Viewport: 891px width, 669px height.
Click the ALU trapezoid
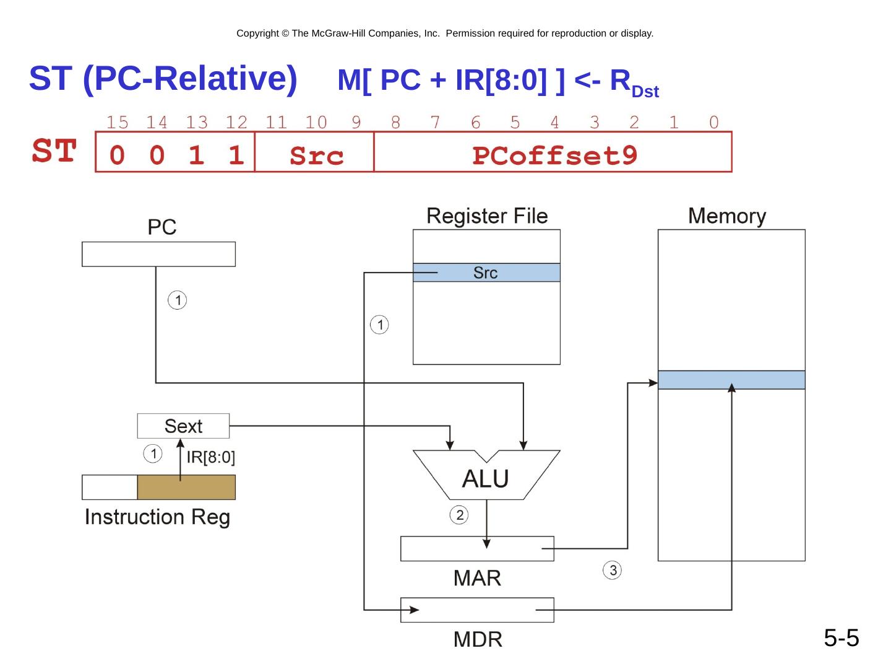point(486,477)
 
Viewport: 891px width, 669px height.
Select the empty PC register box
point(158,254)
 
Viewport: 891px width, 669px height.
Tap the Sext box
point(183,426)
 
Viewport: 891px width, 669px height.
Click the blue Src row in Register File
point(486,273)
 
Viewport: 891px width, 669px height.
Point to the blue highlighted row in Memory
point(731,380)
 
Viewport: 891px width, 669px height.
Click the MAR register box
point(477,549)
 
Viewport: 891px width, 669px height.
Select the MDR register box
point(477,610)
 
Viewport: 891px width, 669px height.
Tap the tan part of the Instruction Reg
point(186,488)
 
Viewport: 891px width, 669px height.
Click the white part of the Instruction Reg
point(110,488)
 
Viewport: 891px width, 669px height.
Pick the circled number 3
point(613,571)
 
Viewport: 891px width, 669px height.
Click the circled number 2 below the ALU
point(459,515)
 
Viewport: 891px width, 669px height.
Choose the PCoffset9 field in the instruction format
point(554,155)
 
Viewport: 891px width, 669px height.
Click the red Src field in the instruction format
point(316,155)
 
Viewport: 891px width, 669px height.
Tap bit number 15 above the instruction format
point(117,123)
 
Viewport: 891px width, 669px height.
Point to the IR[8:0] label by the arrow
point(210,458)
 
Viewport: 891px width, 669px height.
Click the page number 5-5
point(841,637)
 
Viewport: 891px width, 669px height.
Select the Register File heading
point(487,216)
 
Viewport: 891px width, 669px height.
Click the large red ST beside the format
point(54,151)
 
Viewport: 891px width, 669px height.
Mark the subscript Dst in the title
point(645,92)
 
